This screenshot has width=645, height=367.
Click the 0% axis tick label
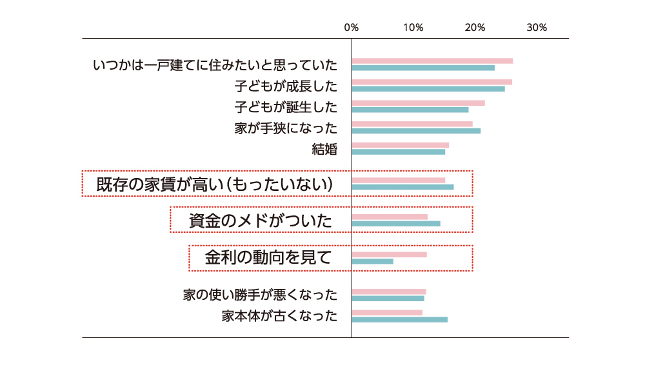click(351, 28)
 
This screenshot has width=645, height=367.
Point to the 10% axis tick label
click(413, 28)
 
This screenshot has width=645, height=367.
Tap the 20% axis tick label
click(475, 28)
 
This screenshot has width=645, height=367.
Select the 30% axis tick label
click(537, 28)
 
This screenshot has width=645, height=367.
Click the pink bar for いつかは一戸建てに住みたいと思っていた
click(432, 61)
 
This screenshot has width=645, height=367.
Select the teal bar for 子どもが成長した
click(428, 88)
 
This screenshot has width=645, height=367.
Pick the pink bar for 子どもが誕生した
click(418, 103)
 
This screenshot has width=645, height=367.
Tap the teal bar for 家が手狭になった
click(416, 131)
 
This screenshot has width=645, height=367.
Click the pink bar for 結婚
click(400, 145)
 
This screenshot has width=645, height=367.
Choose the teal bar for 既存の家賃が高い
click(402, 187)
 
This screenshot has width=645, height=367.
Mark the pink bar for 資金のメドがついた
click(390, 217)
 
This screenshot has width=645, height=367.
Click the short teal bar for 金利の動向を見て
click(372, 261)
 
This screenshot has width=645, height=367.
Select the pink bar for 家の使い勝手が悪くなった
click(388, 292)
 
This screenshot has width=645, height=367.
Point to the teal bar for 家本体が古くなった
click(399, 319)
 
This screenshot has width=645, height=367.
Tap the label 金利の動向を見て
click(268, 258)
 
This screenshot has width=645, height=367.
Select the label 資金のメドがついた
click(261, 221)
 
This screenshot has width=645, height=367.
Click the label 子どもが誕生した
click(286, 106)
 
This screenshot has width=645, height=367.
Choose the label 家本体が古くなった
click(279, 316)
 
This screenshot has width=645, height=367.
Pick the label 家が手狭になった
click(286, 128)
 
